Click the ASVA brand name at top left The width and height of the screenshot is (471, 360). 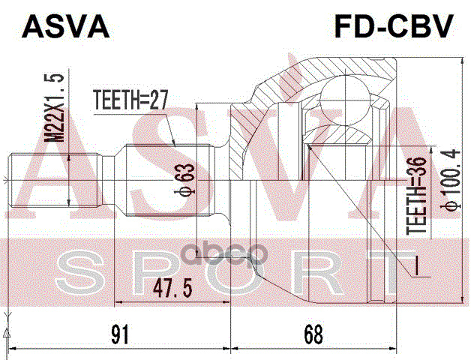pyautogui.click(x=67, y=26)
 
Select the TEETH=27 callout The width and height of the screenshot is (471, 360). pyautogui.click(x=128, y=98)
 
